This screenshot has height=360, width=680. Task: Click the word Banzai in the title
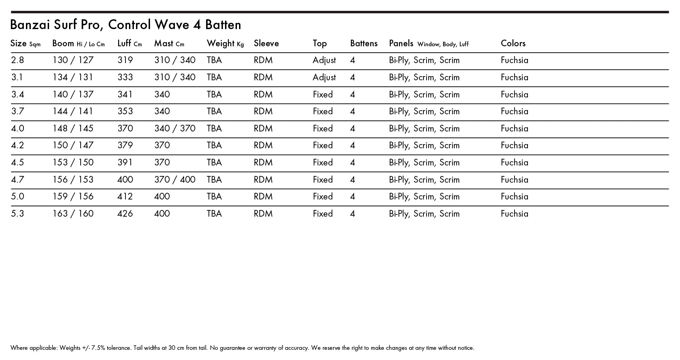[x=30, y=25]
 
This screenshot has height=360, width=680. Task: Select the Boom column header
[x=63, y=43]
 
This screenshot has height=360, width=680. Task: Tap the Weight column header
[x=220, y=43]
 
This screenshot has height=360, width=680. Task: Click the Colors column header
[x=513, y=43]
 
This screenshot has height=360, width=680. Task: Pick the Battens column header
[x=363, y=43]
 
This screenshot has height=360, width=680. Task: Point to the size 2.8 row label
[x=18, y=60]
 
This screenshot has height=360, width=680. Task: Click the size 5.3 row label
[x=18, y=214]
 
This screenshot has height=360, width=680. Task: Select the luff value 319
[x=125, y=60]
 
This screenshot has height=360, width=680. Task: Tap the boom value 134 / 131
[x=73, y=77]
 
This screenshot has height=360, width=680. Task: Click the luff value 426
[x=125, y=214]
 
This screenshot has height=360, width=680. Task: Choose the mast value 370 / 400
[x=175, y=180]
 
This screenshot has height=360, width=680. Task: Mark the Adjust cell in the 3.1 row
[x=324, y=77]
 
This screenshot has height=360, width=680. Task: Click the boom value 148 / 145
[x=73, y=129]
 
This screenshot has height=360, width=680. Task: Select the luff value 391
[x=125, y=163]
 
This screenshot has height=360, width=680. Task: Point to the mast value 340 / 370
[x=175, y=129]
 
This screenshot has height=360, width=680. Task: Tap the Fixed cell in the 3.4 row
[x=322, y=95]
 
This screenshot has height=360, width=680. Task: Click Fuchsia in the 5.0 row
[x=514, y=197]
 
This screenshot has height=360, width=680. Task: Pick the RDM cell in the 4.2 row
[x=263, y=145]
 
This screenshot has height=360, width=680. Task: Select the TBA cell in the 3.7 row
[x=214, y=111]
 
